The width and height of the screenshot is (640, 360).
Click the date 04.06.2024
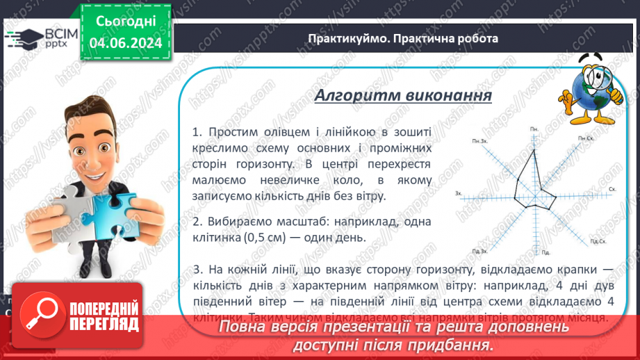(x=126, y=43)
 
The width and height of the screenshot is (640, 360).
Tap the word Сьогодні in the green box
(x=126, y=22)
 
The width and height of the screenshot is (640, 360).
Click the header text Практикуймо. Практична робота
(x=403, y=38)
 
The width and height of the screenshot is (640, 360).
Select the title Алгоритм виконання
(x=403, y=95)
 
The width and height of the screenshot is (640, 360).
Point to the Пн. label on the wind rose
(x=534, y=129)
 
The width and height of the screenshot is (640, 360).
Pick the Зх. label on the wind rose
(x=458, y=193)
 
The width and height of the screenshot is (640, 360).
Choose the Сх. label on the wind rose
(x=612, y=188)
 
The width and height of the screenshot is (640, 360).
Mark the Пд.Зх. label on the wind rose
(x=479, y=249)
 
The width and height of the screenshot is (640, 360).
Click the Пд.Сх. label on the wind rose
(x=598, y=242)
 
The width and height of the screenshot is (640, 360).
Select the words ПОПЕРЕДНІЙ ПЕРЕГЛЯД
(x=104, y=316)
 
